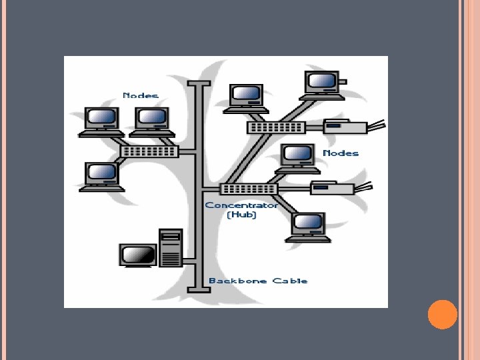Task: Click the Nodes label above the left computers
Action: click(141, 95)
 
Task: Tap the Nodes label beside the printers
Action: click(341, 153)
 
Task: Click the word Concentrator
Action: click(241, 205)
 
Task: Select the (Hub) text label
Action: click(241, 215)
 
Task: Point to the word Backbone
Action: click(237, 281)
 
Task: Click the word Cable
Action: click(290, 281)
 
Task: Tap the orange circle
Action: click(443, 315)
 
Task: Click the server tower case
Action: click(171, 248)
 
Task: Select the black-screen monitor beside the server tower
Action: click(138, 255)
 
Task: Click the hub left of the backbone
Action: click(150, 151)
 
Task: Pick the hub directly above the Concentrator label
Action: click(249, 189)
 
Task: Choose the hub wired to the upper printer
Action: click(277, 127)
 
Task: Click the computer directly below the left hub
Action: click(102, 177)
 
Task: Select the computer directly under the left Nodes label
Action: click(152, 122)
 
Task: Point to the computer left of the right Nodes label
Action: click(297, 159)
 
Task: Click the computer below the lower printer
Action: click(308, 227)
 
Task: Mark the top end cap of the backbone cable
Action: click(199, 83)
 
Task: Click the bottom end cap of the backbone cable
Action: click(199, 290)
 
